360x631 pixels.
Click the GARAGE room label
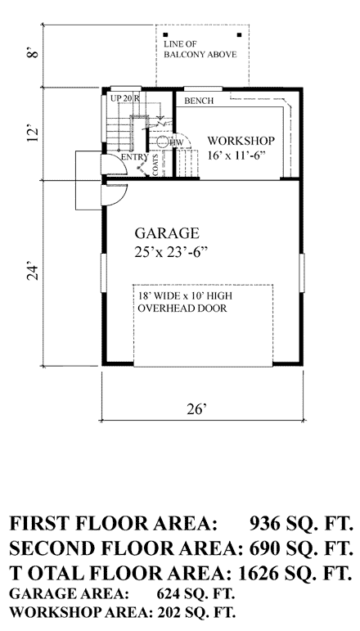167,233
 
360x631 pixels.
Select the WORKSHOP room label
241,141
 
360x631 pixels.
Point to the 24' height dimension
35,273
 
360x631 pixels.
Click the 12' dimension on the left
35,133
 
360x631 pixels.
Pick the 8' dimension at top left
35,53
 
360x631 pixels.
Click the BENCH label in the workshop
199,101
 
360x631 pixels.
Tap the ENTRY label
135,157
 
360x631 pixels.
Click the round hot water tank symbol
163,142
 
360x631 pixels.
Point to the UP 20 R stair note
124,97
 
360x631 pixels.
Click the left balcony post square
166,34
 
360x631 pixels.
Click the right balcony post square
240,34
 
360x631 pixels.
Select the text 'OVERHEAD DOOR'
182,309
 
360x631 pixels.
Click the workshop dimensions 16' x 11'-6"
238,155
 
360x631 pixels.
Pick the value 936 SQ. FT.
302,524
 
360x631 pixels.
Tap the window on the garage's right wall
302,273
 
